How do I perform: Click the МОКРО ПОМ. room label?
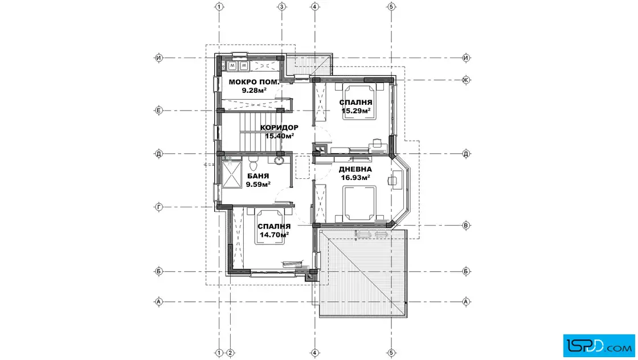(254, 82)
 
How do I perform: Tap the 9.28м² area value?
(254, 90)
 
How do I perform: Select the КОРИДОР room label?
(279, 128)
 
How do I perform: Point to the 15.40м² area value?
(279, 136)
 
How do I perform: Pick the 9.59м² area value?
(258, 184)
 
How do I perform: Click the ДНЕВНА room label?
(355, 169)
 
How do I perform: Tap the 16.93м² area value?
(355, 177)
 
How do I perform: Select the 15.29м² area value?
(356, 111)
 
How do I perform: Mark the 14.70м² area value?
(274, 234)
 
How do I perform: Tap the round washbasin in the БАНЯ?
(279, 161)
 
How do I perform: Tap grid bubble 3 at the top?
(281, 7)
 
